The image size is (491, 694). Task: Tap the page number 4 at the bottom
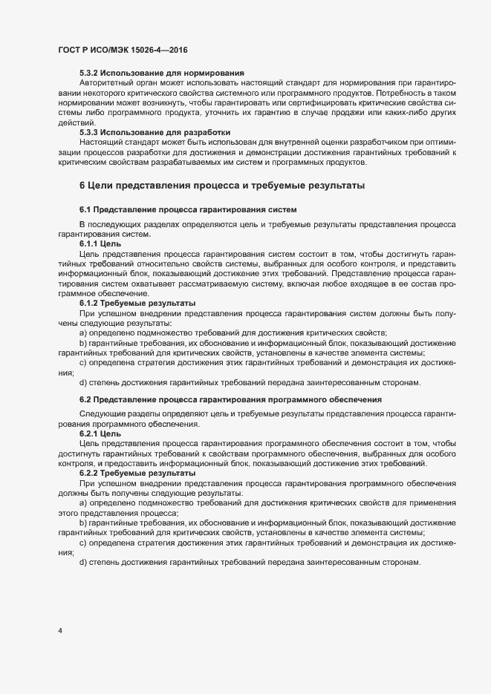[x=59, y=631]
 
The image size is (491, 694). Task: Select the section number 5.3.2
[x=89, y=73]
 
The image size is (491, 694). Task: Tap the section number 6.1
[x=85, y=210]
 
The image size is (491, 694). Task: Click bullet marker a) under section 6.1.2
[x=83, y=333]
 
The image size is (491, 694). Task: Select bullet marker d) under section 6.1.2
[x=83, y=383]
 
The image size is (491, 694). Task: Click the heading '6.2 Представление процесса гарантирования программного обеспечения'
[x=230, y=400]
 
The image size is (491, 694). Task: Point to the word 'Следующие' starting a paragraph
[x=101, y=413]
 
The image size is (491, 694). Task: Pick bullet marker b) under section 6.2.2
[x=83, y=523]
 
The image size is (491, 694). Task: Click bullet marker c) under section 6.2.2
[x=83, y=543]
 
